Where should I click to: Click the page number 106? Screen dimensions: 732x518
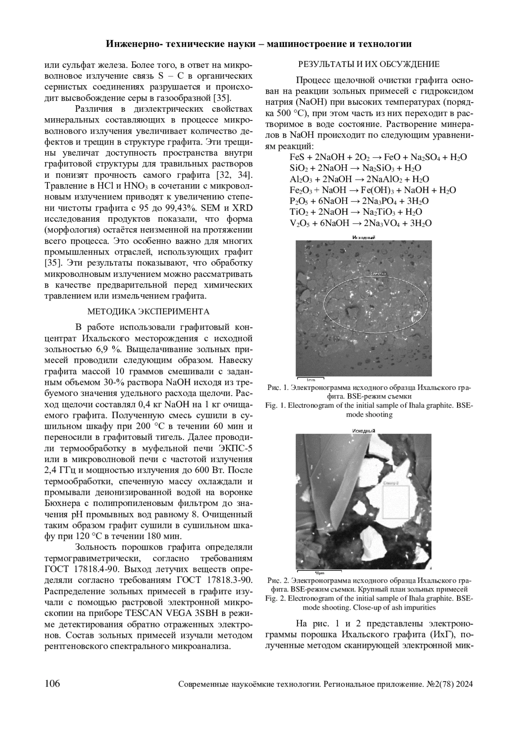tap(52, 684)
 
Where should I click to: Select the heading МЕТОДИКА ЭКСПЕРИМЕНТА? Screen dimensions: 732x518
tap(148, 311)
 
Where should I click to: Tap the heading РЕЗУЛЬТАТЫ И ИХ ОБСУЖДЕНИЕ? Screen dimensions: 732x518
tap(369, 64)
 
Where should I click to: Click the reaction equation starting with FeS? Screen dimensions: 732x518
tap(378, 157)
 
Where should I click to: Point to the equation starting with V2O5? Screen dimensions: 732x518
tap(360, 223)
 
